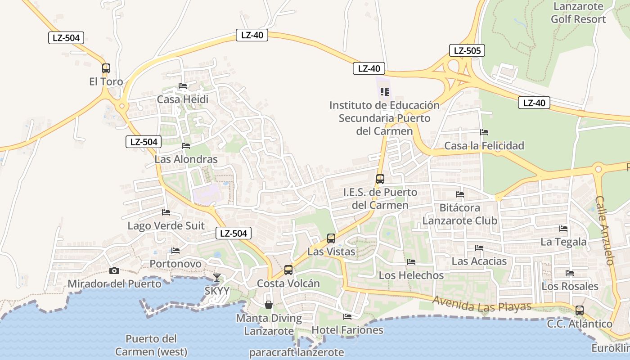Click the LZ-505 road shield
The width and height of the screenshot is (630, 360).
click(x=467, y=50)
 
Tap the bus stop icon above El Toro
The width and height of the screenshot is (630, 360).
click(x=106, y=68)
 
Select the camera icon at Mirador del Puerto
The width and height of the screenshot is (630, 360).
click(x=114, y=270)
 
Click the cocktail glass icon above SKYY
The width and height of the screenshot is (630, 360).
click(x=217, y=277)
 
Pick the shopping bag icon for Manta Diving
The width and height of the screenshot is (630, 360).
click(x=269, y=305)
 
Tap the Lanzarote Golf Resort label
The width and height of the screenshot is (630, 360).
click(x=578, y=13)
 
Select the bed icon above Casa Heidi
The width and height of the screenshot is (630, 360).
click(x=182, y=86)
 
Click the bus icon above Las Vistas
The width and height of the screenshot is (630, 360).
click(x=331, y=238)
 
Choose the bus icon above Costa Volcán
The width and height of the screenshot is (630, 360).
click(x=288, y=270)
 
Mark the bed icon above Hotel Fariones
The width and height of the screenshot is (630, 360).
click(x=347, y=317)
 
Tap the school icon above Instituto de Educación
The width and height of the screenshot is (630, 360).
click(x=384, y=92)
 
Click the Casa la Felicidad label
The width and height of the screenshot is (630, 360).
click(x=484, y=145)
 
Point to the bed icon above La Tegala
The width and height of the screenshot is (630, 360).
click(x=563, y=229)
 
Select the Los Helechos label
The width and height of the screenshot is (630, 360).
click(x=411, y=275)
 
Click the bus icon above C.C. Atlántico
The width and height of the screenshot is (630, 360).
click(x=580, y=310)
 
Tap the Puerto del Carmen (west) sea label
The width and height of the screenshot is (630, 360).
click(x=151, y=345)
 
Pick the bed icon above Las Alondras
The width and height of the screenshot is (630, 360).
click(x=185, y=146)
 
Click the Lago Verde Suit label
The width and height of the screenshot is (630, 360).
click(x=166, y=225)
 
